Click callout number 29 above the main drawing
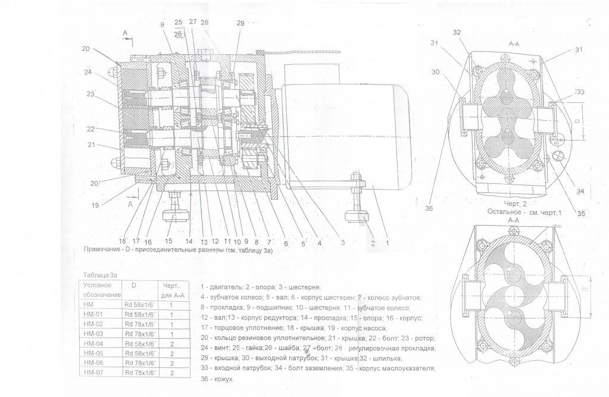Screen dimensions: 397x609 click(240, 23)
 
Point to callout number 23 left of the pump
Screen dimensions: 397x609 click(92, 93)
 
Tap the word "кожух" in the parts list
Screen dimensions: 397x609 click(224, 379)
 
